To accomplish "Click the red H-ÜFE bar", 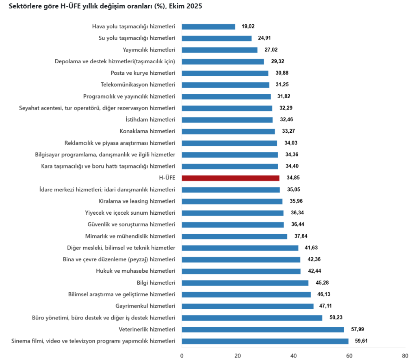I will tap(230, 178).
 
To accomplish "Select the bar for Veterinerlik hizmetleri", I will tap(262, 330).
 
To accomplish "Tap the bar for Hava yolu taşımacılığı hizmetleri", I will tap(208, 26).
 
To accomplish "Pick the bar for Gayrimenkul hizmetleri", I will tap(247, 306).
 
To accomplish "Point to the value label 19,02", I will tap(248, 26).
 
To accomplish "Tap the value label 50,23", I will tap(335, 318).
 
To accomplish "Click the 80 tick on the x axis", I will tap(404, 356).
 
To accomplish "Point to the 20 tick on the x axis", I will tap(238, 356).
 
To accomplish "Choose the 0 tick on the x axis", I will tap(182, 356).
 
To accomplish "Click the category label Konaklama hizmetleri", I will tap(147, 131).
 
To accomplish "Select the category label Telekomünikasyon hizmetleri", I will tap(138, 85).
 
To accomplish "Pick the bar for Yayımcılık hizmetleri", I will tap(219, 50).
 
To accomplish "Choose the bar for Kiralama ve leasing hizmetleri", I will tap(232, 201).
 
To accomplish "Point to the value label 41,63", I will tap(311, 248).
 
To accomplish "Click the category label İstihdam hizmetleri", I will tap(151, 120).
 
